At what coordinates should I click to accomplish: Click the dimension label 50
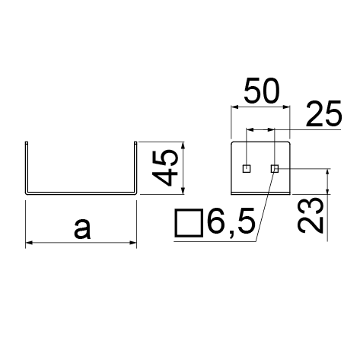(262, 91)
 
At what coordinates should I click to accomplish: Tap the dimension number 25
(324, 114)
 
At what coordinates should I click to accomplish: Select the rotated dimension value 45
(165, 167)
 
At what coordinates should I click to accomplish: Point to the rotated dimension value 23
(311, 215)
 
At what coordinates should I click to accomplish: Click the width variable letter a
(82, 229)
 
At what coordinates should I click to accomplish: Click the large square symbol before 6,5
(189, 223)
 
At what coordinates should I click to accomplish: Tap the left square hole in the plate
(247, 168)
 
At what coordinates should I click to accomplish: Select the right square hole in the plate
(275, 168)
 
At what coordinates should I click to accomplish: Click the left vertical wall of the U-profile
(26, 167)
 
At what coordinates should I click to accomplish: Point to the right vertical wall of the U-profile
(135, 167)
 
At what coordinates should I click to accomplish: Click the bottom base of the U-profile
(81, 193)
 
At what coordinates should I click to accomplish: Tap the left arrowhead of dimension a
(29, 243)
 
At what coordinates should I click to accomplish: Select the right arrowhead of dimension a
(133, 243)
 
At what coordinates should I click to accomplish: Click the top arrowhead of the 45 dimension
(183, 145)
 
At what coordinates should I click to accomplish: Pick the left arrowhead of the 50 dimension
(234, 107)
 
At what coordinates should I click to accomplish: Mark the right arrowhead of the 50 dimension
(286, 107)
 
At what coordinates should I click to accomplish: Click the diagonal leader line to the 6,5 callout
(265, 205)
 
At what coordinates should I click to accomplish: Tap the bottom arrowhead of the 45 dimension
(183, 191)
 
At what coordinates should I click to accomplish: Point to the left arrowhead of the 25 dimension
(250, 130)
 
